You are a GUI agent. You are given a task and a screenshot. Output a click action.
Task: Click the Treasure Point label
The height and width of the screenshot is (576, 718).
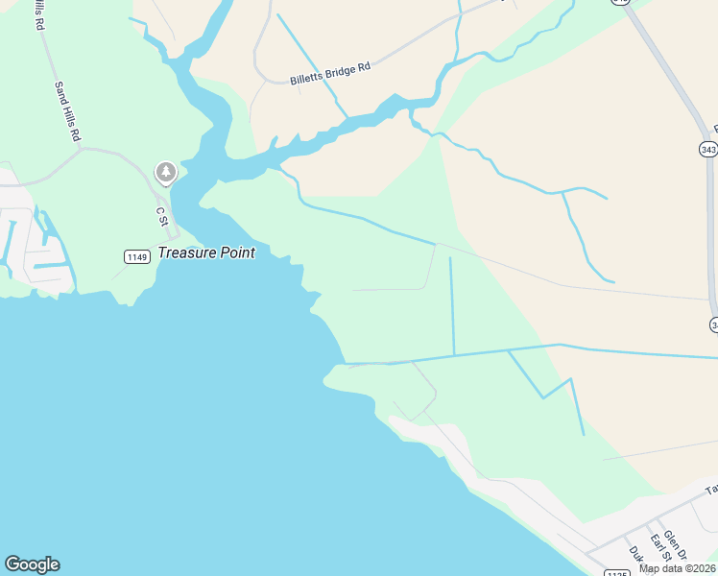(x=206, y=252)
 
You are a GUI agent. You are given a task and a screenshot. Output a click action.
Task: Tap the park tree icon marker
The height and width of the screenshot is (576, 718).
(x=166, y=172)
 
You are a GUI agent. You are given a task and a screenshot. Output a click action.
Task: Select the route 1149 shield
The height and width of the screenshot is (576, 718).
(x=137, y=256)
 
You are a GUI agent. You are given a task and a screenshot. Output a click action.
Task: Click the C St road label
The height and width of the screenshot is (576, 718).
(x=161, y=213)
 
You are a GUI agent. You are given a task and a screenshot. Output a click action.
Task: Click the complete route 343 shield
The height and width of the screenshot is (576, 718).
(x=708, y=150)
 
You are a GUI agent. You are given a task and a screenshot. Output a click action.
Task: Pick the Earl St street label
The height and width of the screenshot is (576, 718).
(x=658, y=549)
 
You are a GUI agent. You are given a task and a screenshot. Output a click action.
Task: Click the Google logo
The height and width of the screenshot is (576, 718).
(x=32, y=564)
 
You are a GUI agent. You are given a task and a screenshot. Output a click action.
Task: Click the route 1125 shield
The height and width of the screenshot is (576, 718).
(x=616, y=573)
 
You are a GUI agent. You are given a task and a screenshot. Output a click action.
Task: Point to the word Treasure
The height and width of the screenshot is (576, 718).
(x=183, y=252)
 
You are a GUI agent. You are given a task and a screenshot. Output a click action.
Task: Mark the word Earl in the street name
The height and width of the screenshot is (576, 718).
(x=655, y=541)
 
